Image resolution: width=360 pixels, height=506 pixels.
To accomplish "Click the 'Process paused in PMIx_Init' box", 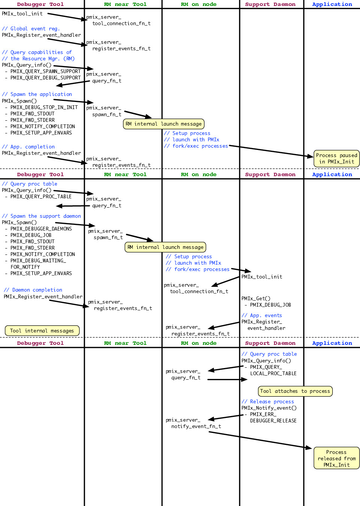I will [336, 159].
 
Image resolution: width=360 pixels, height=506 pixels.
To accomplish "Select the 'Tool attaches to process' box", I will [295, 391].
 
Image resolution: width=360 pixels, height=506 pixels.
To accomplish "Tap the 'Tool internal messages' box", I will [42, 331].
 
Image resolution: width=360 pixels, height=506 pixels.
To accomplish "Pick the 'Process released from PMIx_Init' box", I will [336, 458].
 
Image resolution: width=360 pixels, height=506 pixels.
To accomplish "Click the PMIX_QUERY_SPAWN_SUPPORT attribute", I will [45, 71].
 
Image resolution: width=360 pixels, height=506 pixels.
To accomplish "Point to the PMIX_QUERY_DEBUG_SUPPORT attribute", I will [45, 78].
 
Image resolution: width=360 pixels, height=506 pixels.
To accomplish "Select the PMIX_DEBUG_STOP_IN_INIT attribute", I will [44, 107].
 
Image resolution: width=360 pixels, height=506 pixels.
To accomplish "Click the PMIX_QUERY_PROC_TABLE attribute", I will [41, 196].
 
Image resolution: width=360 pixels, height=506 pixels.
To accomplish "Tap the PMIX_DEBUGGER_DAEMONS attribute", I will [41, 229].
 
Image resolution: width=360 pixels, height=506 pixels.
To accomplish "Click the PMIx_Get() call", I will [256, 298].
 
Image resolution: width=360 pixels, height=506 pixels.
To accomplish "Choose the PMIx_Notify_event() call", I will [269, 408].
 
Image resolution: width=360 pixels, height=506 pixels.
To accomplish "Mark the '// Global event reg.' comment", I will [31, 28].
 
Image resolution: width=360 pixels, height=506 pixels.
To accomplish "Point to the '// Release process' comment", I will [268, 401].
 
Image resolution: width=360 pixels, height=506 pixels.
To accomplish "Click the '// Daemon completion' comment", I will [33, 290].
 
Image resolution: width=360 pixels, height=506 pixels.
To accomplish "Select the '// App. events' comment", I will [262, 315].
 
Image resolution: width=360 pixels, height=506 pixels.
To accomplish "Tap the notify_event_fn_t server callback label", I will [196, 427].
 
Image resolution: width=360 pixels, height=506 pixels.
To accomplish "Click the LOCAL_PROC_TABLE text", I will [273, 373].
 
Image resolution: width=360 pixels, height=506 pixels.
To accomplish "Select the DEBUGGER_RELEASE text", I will [273, 421].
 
